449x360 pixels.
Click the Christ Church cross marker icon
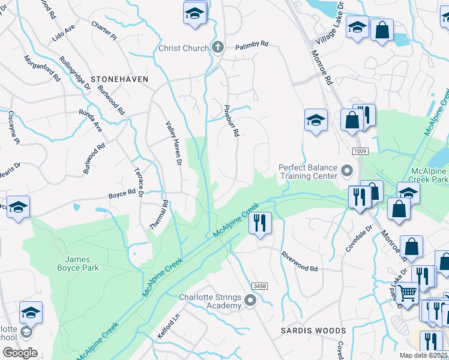[217, 47]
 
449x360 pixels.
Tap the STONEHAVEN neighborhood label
[119, 79]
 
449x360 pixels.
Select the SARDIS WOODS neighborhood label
[313, 331]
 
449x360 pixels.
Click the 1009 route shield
[360, 151]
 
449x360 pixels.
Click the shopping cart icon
[408, 293]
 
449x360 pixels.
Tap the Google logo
[20, 352]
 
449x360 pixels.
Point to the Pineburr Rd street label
[231, 120]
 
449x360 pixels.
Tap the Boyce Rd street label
[122, 194]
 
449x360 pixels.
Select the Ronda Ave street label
[91, 119]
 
